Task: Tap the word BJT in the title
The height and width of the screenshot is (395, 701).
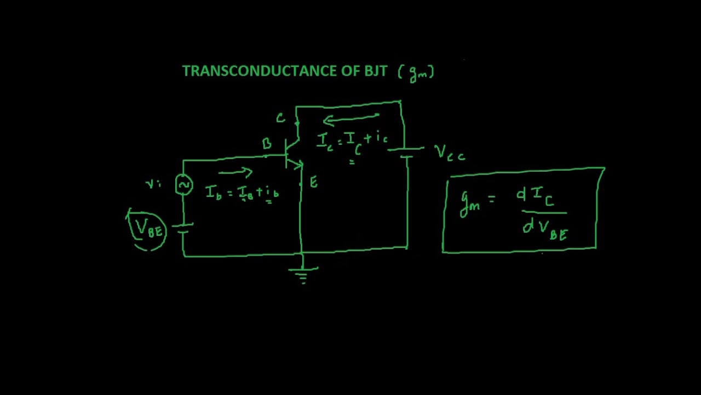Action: pos(376,71)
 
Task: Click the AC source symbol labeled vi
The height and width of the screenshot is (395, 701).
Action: pos(183,185)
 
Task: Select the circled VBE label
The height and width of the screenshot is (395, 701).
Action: pos(148,229)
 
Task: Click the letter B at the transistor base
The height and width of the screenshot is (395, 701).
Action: pos(267,144)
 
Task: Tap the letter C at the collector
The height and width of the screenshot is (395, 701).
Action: pos(280,118)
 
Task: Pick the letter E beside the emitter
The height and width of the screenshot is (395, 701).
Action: pos(314,183)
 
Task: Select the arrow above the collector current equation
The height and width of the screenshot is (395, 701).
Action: pos(350,119)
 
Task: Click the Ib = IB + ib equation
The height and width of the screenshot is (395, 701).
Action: pos(243,193)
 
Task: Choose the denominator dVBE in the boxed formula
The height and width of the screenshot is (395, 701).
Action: pos(545,228)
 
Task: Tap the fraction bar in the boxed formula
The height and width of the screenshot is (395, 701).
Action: pos(543,212)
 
